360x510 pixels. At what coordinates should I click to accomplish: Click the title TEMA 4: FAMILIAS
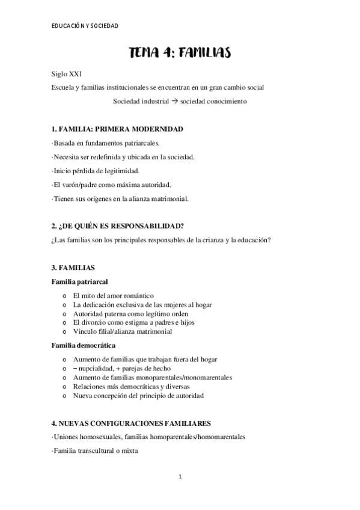click(180, 54)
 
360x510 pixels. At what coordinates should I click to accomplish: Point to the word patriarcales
click(141, 143)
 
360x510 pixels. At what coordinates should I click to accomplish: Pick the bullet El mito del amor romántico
click(113, 295)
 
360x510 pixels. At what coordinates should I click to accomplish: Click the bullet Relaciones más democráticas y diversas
click(132, 387)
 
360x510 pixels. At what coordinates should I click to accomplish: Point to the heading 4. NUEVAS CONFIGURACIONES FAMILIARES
click(131, 423)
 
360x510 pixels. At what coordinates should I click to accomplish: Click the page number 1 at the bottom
click(180, 477)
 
